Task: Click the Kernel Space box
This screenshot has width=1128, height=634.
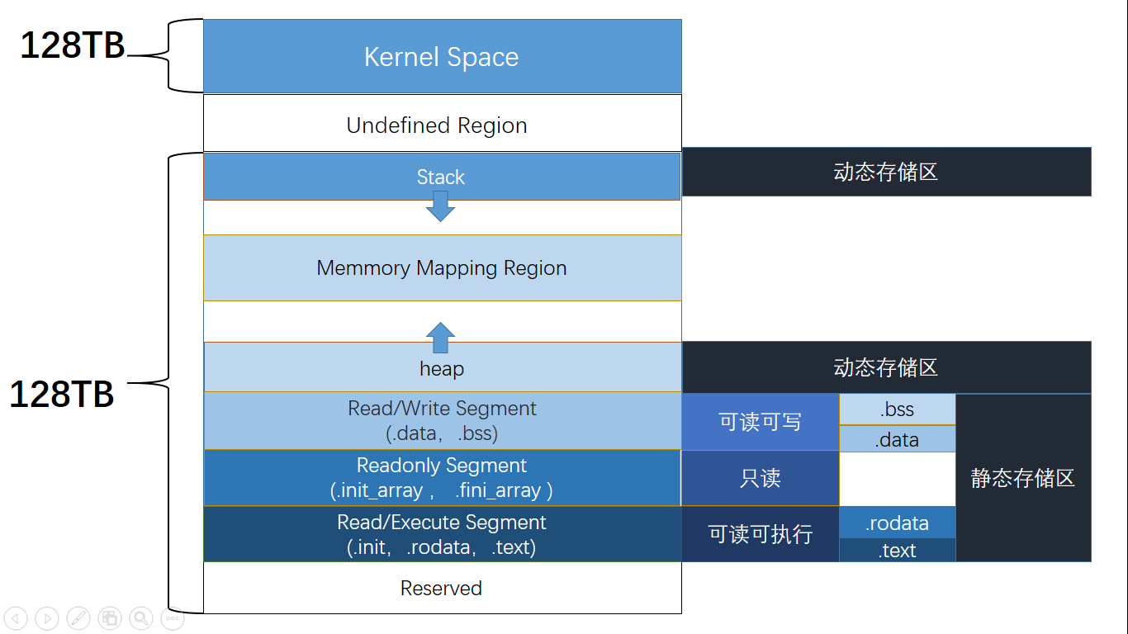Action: click(x=442, y=57)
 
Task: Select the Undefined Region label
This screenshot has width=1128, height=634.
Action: click(x=437, y=125)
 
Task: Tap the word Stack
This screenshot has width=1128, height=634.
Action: click(x=441, y=177)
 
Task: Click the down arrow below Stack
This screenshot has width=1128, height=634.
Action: click(x=441, y=206)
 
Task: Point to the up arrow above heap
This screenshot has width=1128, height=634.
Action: click(x=441, y=338)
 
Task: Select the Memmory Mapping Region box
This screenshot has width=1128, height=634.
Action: click(x=442, y=268)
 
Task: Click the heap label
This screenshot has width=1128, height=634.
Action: click(x=442, y=368)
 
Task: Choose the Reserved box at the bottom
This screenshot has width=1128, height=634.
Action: click(x=441, y=588)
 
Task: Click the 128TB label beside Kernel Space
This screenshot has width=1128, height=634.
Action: click(x=73, y=46)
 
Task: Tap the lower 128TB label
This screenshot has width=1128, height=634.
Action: click(x=62, y=395)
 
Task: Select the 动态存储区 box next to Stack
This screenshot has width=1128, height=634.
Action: click(x=886, y=172)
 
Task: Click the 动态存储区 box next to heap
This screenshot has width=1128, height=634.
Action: click(x=886, y=367)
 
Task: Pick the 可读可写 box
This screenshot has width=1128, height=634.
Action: click(x=760, y=422)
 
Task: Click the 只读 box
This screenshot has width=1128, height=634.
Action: click(x=760, y=478)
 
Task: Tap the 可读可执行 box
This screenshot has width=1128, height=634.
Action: click(x=760, y=534)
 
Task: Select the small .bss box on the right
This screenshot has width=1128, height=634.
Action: click(x=897, y=409)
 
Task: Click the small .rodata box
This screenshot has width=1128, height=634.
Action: click(x=897, y=523)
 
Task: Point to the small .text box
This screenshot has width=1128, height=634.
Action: click(x=897, y=551)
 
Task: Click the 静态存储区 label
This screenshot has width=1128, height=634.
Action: click(x=1022, y=478)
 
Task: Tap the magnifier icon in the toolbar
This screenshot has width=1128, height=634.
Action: click(x=141, y=617)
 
